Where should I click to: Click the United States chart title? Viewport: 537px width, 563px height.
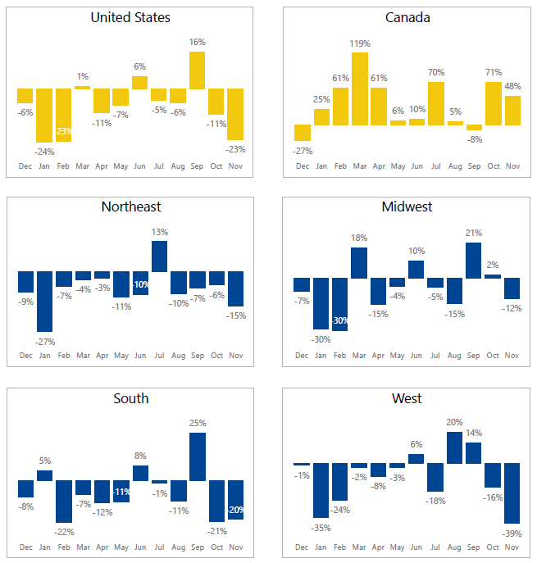[x=131, y=17]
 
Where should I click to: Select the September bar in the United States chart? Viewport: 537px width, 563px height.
[x=197, y=70]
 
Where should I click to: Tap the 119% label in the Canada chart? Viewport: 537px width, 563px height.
[x=360, y=43]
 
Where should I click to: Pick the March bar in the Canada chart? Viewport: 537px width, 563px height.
[x=360, y=89]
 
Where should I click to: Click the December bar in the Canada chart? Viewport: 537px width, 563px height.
[x=303, y=133]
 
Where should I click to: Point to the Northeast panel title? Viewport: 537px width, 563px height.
[x=131, y=207]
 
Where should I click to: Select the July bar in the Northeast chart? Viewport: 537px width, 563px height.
[x=159, y=257]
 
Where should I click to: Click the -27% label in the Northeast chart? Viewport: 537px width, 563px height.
[x=44, y=341]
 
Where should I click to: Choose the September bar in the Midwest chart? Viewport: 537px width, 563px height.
[x=473, y=260]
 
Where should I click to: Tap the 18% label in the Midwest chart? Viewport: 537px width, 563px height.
[x=359, y=238]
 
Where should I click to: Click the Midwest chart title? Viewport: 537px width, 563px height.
[x=407, y=207]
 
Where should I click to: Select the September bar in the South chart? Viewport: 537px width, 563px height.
[x=197, y=456]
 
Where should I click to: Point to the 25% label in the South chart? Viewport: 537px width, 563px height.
[x=197, y=424]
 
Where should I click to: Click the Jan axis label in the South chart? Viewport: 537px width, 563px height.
[x=44, y=547]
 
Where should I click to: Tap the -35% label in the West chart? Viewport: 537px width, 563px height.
[x=321, y=529]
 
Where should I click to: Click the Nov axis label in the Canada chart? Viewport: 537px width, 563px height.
[x=512, y=166]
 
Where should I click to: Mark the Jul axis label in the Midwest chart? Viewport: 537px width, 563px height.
[x=435, y=356]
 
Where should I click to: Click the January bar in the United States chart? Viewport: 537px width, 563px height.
[x=44, y=116]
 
